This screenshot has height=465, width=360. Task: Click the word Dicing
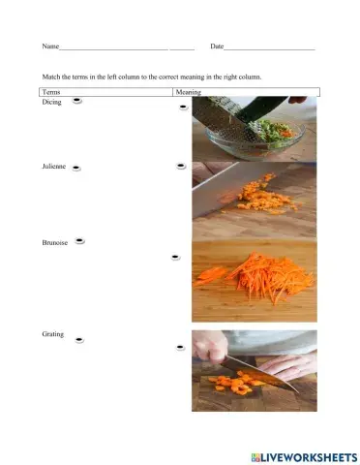coord(51,102)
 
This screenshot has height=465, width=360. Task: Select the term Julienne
coord(54,166)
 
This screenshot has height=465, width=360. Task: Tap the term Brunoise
coord(55,243)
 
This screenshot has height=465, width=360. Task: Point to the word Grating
coord(53,334)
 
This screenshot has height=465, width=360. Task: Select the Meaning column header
coord(188,92)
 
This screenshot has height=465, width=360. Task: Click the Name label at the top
coord(49,46)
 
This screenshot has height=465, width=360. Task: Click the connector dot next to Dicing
coord(77,101)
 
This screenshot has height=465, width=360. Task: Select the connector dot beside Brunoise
coord(80,240)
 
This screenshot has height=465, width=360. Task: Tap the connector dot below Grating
coord(79,340)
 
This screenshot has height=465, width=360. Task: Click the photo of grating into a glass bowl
coord(254,128)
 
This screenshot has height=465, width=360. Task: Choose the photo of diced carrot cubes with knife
coord(254,200)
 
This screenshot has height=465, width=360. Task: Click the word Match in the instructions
coord(52,77)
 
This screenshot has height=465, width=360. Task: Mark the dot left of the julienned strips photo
coord(175,258)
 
